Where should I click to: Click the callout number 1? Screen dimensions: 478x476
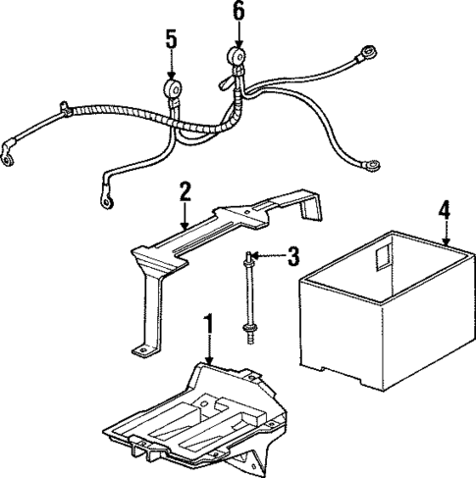click(207, 323)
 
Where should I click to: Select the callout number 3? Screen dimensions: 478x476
click(292, 258)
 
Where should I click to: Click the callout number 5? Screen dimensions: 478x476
click(172, 42)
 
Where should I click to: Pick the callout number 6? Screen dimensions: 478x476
click(238, 13)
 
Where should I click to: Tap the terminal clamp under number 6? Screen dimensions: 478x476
click(237, 58)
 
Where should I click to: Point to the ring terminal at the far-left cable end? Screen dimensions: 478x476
click(10, 152)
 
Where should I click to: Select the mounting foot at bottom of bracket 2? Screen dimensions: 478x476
click(140, 348)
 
